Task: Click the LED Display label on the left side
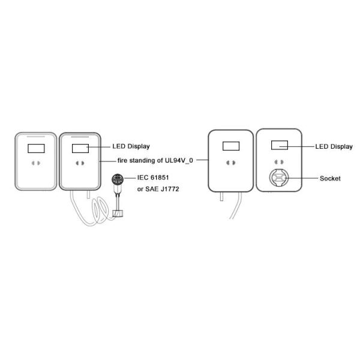tap(131, 146)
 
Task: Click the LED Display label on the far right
tap(334, 146)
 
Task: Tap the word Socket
tap(330, 178)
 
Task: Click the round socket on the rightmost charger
tap(278, 178)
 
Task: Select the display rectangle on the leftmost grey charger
tap(36, 147)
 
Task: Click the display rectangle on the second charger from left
tap(80, 147)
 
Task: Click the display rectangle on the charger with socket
tap(278, 145)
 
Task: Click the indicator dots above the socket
tap(278, 163)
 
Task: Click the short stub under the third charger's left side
tap(220, 196)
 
